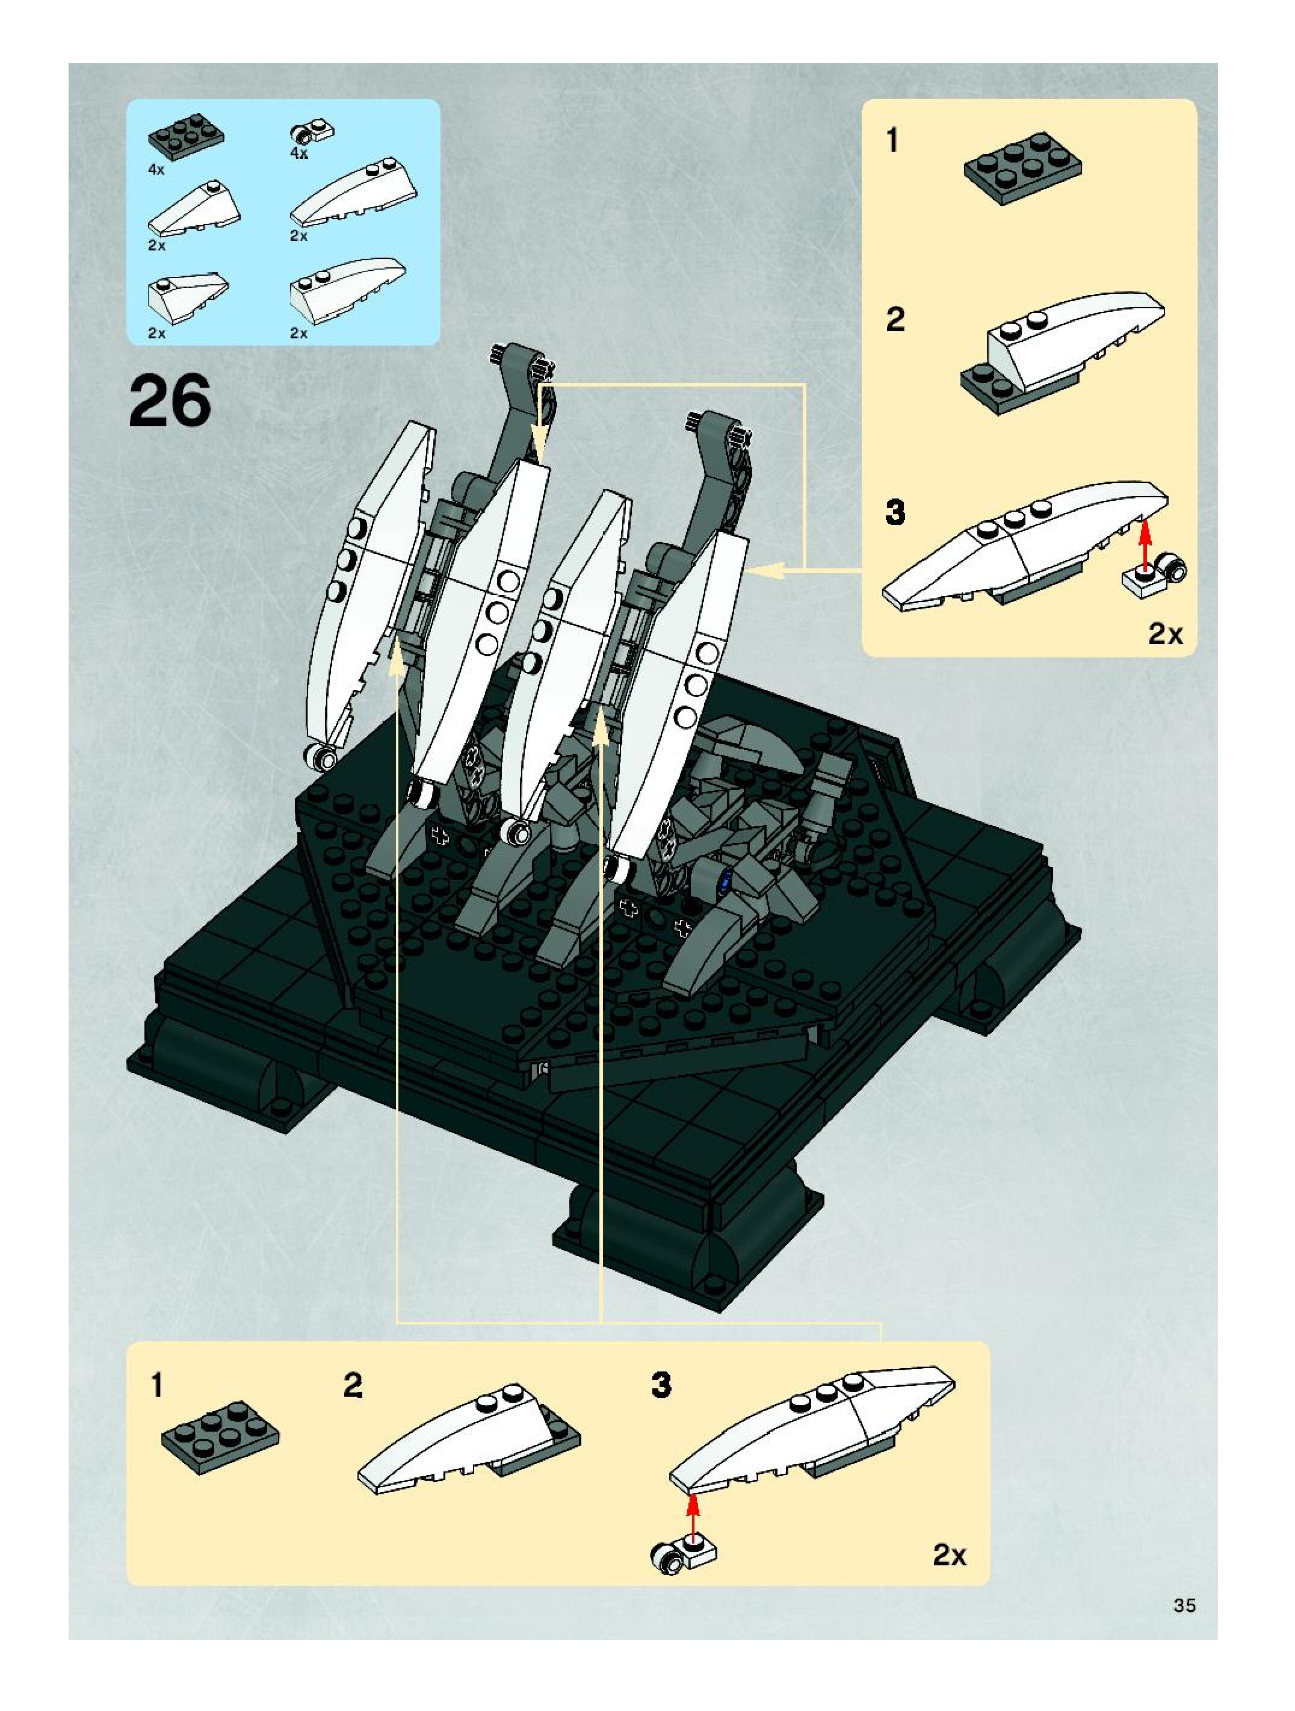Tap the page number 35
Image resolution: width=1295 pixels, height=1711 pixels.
1184,1605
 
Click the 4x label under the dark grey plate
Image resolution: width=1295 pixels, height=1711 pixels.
156,169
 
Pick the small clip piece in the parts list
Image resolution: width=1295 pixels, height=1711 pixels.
312,132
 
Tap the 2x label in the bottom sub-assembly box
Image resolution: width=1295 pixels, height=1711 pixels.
950,1554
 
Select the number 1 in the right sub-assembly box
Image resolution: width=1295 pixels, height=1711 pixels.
893,141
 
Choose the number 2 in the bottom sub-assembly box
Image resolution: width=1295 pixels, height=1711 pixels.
353,1385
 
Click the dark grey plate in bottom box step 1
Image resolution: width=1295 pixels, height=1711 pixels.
220,1436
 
